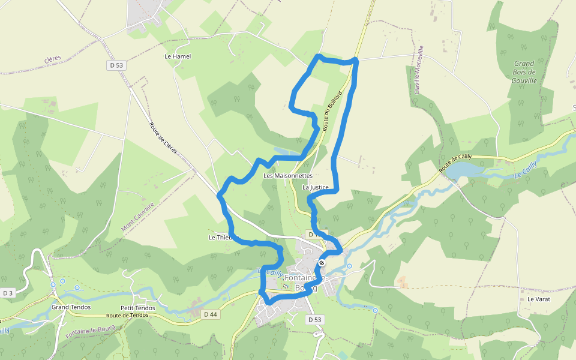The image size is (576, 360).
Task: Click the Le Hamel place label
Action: [x=178, y=56]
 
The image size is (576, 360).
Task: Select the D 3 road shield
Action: [x=7, y=293]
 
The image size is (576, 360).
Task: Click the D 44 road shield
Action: [x=210, y=314]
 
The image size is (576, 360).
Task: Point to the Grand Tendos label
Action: [x=71, y=307]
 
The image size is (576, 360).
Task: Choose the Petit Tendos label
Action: [x=138, y=308]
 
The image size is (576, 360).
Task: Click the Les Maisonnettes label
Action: [x=288, y=176]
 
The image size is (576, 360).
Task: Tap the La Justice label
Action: [x=316, y=187]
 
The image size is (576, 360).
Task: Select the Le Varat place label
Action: [x=539, y=299]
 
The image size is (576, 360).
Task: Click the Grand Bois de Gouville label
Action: [x=524, y=72]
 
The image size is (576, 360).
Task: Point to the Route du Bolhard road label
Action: [x=332, y=111]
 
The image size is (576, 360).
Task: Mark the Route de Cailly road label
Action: [x=455, y=164]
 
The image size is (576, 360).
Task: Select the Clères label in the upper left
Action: [x=53, y=59]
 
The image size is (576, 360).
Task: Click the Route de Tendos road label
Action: [x=127, y=315]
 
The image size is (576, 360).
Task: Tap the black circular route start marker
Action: [x=322, y=263]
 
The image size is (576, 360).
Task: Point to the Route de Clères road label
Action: [x=163, y=137]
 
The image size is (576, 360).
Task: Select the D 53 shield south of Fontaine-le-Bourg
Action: [x=316, y=320]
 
